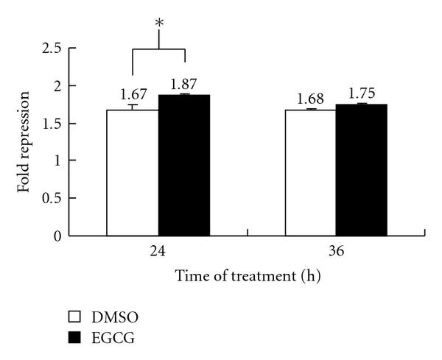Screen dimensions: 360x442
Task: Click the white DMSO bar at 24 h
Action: point(133,172)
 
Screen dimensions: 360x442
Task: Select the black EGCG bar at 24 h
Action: point(183,165)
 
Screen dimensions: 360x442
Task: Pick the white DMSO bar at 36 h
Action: point(310,172)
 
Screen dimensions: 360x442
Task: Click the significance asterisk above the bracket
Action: point(158,24)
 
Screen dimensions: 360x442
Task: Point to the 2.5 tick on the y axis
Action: point(52,49)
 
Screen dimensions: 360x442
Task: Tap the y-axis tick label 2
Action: point(57,86)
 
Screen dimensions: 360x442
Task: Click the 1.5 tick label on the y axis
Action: point(52,124)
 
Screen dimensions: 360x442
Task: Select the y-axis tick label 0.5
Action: point(52,199)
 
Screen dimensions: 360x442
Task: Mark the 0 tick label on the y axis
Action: point(57,236)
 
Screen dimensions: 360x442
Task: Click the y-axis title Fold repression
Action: point(24,141)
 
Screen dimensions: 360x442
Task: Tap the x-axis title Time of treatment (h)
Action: point(248,278)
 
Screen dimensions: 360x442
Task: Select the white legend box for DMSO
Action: point(74,317)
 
